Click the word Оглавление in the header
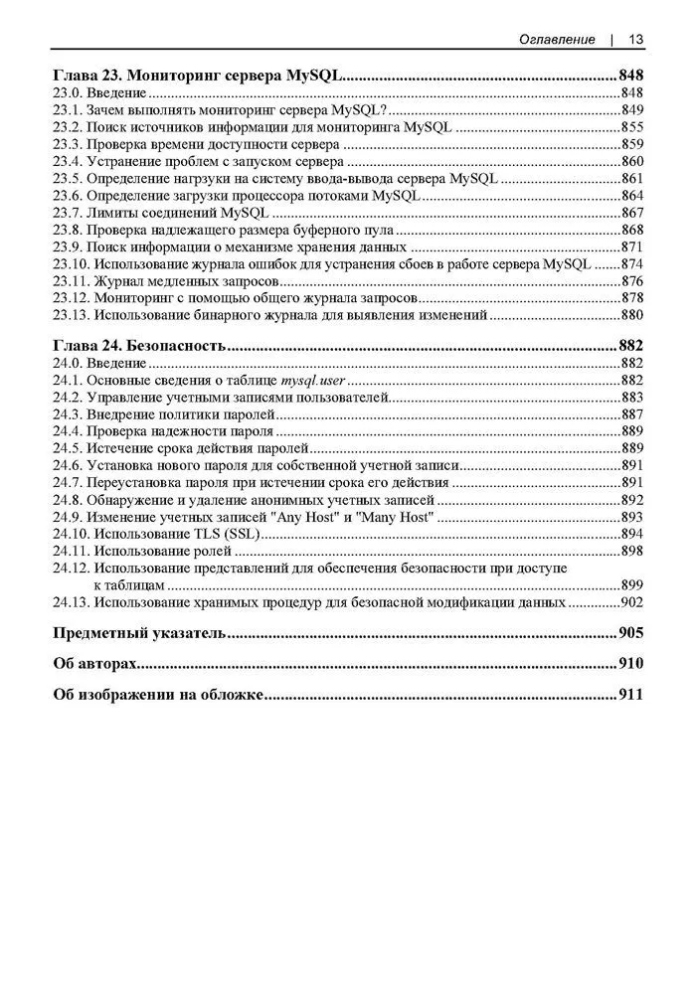[558, 39]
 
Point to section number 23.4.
[67, 161]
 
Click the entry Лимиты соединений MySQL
[178, 213]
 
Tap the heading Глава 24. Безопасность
[138, 345]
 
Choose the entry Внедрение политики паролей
[179, 413]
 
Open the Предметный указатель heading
[138, 633]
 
